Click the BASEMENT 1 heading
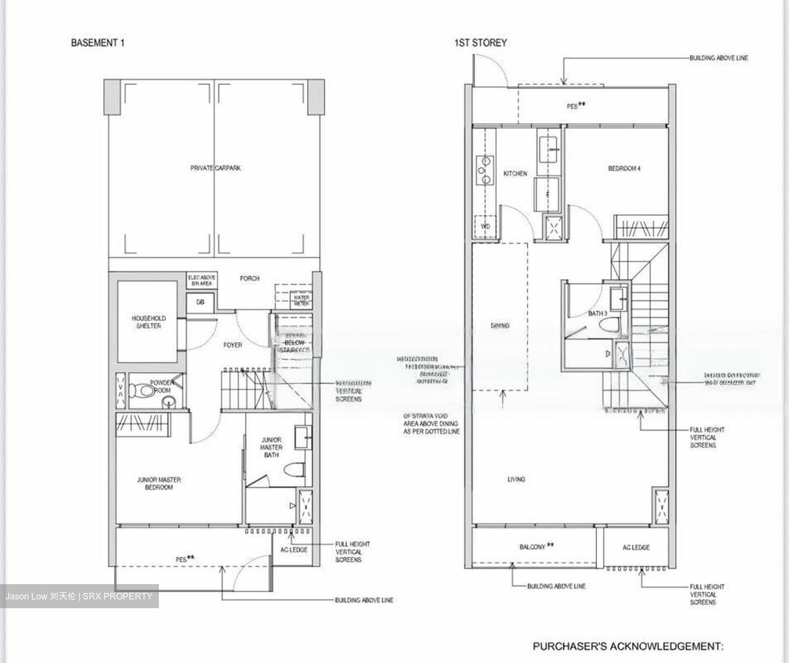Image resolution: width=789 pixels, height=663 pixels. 98,43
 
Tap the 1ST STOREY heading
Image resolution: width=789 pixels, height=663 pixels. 480,43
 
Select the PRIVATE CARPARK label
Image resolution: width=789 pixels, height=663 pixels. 215,168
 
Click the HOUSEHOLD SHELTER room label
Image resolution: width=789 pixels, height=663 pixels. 148,322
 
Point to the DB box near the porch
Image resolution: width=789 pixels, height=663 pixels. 201,301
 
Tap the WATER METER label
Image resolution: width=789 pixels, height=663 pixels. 301,300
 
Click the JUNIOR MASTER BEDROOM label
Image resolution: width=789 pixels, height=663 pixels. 159,483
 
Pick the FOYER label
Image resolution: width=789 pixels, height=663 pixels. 232,345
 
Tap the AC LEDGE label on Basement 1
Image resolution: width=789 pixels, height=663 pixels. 294,550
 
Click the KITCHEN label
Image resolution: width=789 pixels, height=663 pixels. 515,173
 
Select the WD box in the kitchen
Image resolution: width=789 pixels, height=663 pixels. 485,226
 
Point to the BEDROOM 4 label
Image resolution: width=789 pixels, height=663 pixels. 624,168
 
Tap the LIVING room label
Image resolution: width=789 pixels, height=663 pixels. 516,479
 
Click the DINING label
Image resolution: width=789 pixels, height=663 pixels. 500,325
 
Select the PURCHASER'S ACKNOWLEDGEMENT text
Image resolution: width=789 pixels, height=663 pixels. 628,646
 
